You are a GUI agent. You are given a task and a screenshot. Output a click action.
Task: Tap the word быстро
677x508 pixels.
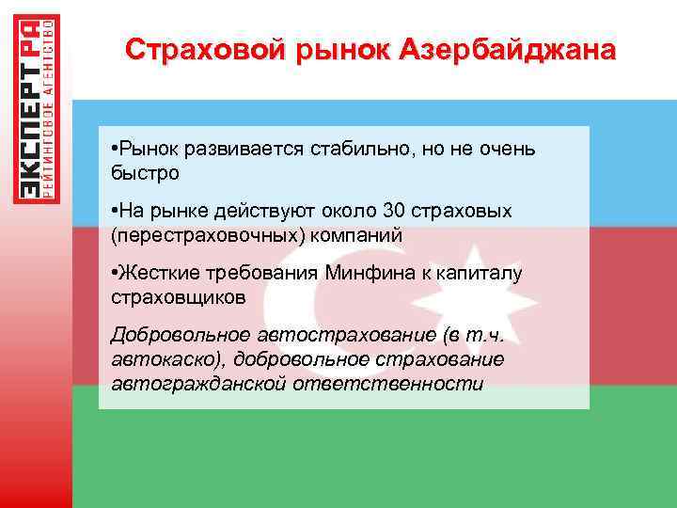click(144, 175)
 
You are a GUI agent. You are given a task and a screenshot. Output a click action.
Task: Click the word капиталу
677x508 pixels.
click(488, 273)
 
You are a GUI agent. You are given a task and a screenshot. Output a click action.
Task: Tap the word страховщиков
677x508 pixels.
click(178, 297)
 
